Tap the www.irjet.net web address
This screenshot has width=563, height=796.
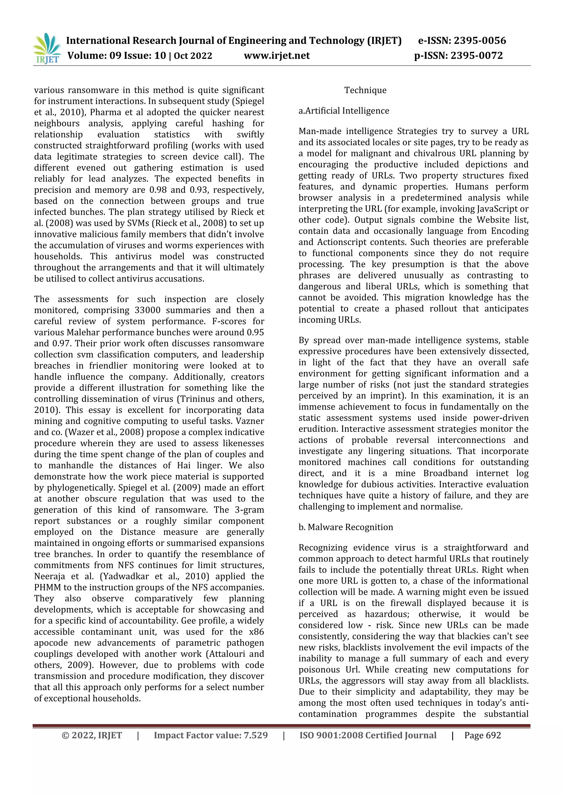pyautogui.click(x=277, y=56)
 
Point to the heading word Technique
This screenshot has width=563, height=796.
pyautogui.click(x=365, y=90)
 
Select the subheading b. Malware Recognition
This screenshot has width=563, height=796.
pyautogui.click(x=346, y=527)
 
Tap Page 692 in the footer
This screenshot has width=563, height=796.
pyautogui.click(x=482, y=735)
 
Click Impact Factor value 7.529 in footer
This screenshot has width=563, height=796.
pyautogui.click(x=211, y=735)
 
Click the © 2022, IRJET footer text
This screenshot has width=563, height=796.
pyautogui.click(x=92, y=735)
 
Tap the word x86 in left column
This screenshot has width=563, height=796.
pyautogui.click(x=256, y=632)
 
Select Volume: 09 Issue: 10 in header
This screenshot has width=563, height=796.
pyautogui.click(x=117, y=56)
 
